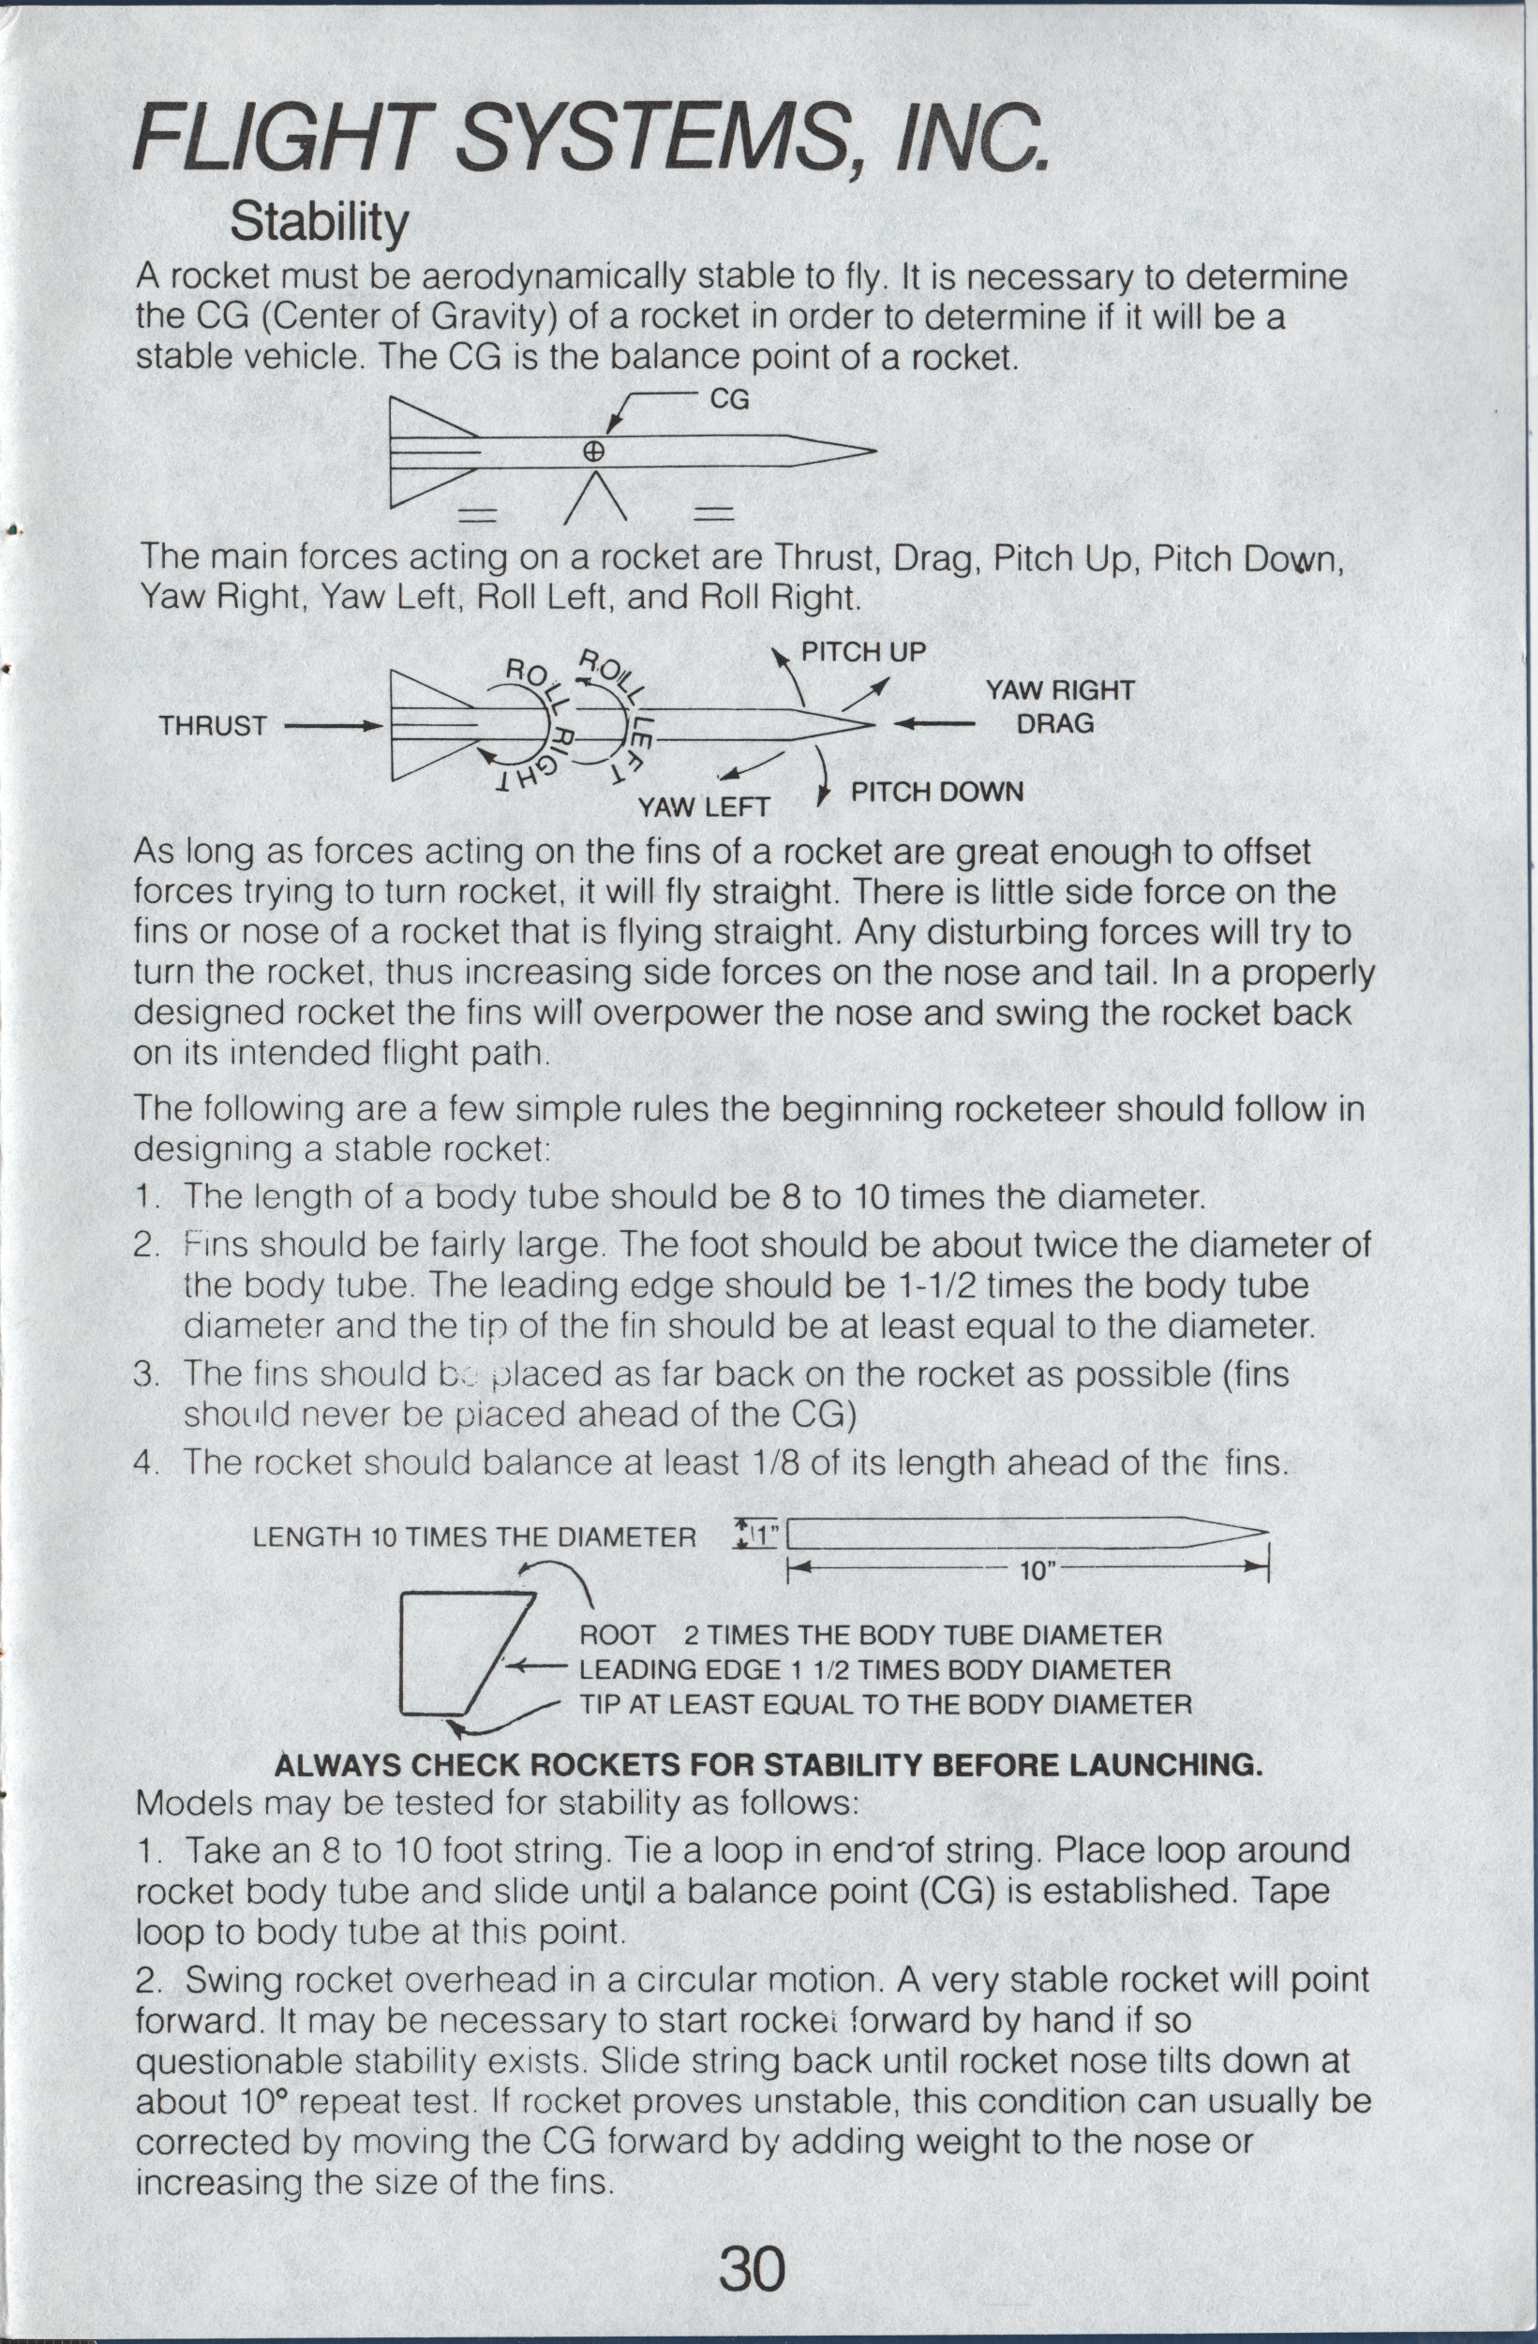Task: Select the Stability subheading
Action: [x=319, y=223]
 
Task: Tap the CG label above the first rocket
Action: [x=729, y=399]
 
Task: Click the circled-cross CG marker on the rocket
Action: [x=593, y=452]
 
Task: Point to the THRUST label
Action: [x=213, y=727]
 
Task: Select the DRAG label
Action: [x=1055, y=724]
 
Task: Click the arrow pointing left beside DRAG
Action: [x=934, y=725]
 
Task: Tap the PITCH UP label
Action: [x=863, y=652]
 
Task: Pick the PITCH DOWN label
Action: [x=937, y=793]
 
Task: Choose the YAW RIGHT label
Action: [x=1060, y=690]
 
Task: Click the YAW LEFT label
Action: [x=704, y=809]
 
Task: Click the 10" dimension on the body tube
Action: [x=1038, y=1570]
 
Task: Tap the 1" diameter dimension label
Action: [x=765, y=1535]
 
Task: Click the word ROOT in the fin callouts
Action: [x=617, y=1636]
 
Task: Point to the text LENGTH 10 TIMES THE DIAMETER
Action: [x=474, y=1537]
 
